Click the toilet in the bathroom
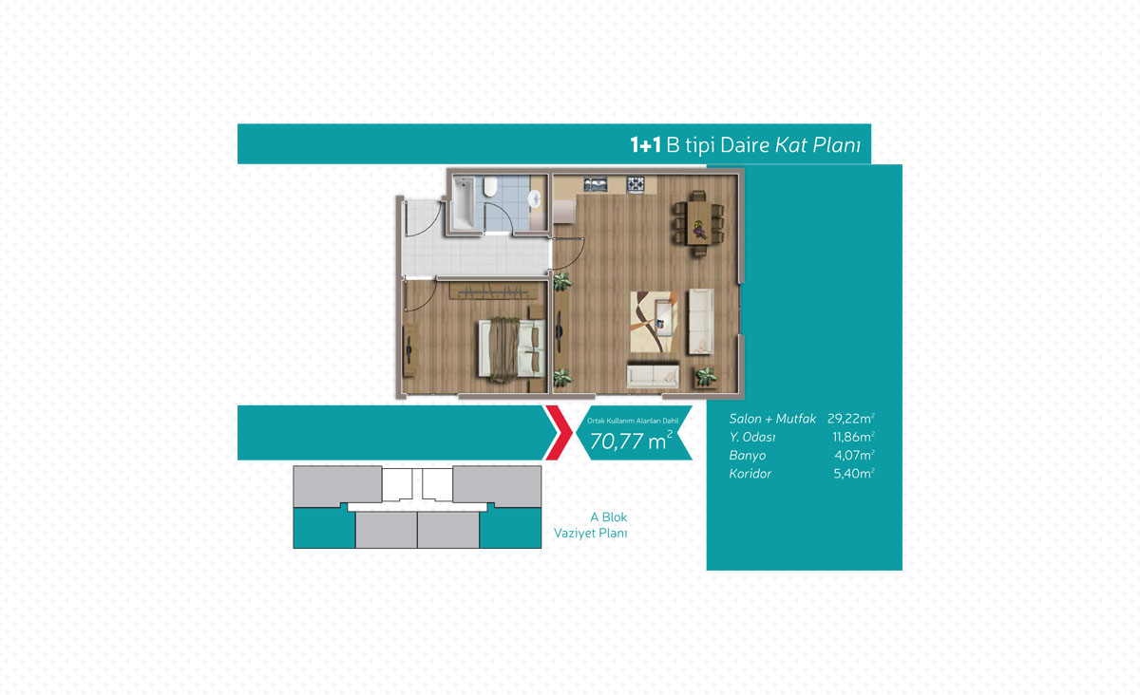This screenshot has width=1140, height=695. (490, 187)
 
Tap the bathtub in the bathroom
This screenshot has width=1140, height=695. (464, 202)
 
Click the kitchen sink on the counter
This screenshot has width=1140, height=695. (595, 183)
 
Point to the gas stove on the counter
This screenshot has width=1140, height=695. (636, 184)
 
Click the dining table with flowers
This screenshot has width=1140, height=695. (700, 223)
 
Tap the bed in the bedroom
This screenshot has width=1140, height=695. (511, 348)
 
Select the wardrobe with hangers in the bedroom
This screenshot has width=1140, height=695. (493, 291)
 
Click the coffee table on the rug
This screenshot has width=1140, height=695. (664, 319)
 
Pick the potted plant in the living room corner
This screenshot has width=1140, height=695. (706, 377)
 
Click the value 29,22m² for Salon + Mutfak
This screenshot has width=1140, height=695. (851, 418)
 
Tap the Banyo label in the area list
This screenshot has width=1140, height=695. (747, 456)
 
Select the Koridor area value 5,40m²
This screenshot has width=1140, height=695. (854, 474)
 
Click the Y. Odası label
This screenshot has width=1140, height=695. (752, 437)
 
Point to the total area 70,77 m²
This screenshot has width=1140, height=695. (631, 441)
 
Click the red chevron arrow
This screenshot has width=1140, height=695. (560, 432)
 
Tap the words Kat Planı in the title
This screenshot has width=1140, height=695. (817, 145)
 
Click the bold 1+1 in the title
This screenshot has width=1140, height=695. (645, 145)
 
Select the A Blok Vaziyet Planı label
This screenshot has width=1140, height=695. (590, 525)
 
